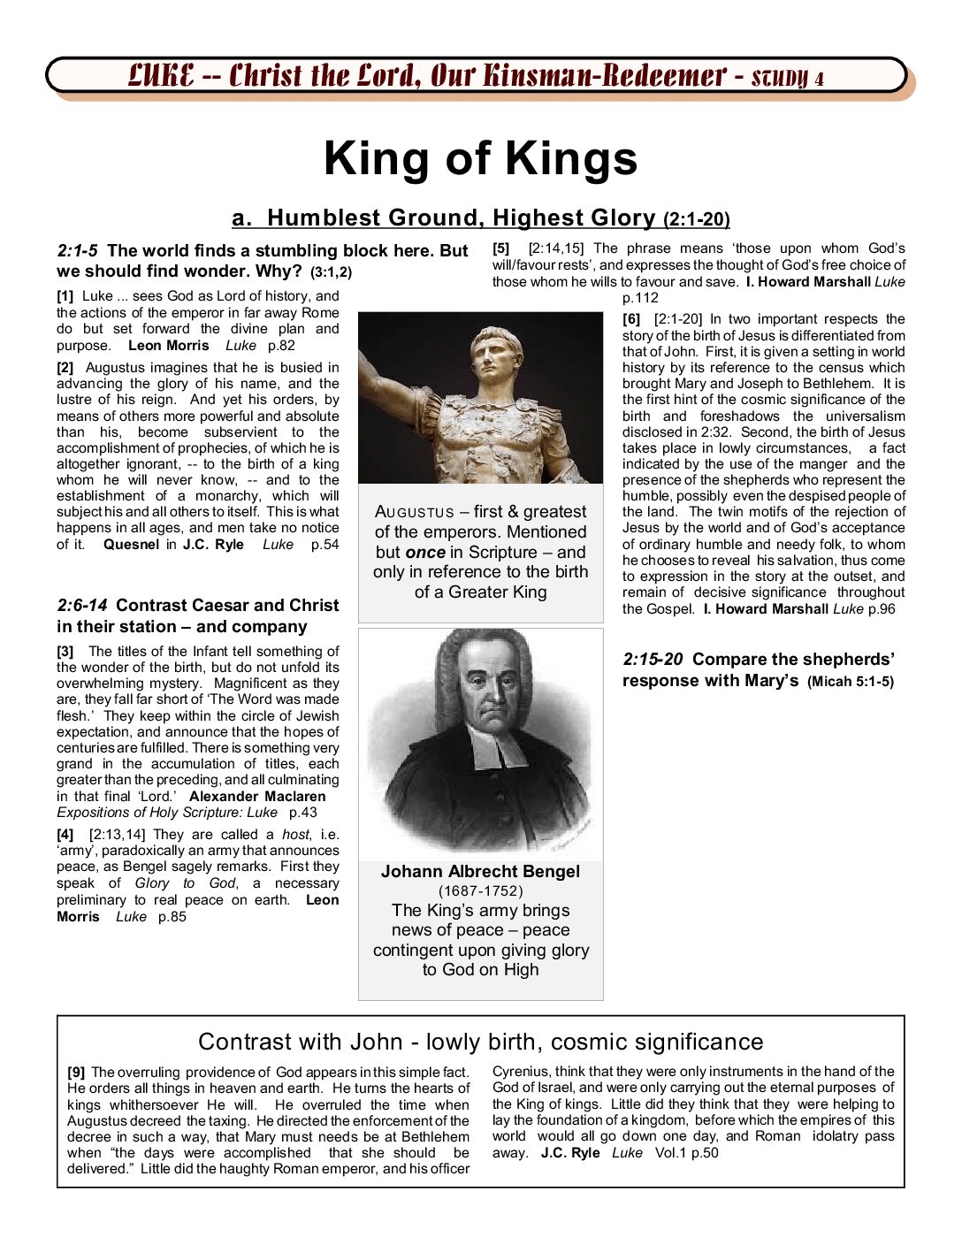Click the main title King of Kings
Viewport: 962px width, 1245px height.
click(x=480, y=159)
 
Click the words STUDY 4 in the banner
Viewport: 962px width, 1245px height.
click(x=788, y=78)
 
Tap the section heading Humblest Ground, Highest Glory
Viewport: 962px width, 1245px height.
click(x=460, y=218)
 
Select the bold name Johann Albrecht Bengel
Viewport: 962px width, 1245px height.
click(x=480, y=871)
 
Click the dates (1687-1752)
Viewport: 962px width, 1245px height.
click(x=480, y=890)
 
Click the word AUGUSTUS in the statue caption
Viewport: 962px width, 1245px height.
click(x=414, y=512)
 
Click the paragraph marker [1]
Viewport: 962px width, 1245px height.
click(x=65, y=296)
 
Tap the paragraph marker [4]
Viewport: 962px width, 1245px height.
click(x=65, y=835)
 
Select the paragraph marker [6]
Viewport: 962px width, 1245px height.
click(x=631, y=319)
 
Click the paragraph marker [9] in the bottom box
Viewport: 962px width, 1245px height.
click(x=76, y=1073)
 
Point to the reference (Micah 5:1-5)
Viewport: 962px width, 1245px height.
click(x=850, y=682)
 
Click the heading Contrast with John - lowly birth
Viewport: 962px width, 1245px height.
click(x=480, y=1042)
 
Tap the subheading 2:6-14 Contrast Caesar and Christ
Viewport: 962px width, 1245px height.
click(x=197, y=606)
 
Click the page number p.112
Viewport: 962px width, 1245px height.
click(x=640, y=298)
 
